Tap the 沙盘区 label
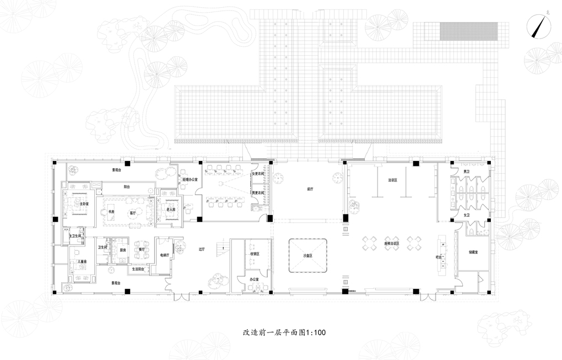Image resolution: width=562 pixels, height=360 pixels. [x=307, y=256]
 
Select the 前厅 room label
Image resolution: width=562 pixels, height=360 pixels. [x=310, y=189]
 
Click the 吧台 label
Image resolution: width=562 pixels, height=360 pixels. [x=439, y=256]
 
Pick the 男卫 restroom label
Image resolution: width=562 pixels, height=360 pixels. [x=466, y=171]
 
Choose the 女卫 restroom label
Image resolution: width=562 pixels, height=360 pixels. [x=466, y=214]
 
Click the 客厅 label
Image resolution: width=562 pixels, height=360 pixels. [x=132, y=212]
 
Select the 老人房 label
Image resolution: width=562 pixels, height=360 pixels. [x=170, y=209]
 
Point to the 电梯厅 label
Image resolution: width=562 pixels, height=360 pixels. [x=164, y=255]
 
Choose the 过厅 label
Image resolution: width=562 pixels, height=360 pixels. [x=202, y=249]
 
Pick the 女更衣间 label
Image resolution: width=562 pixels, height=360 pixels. [x=258, y=174]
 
